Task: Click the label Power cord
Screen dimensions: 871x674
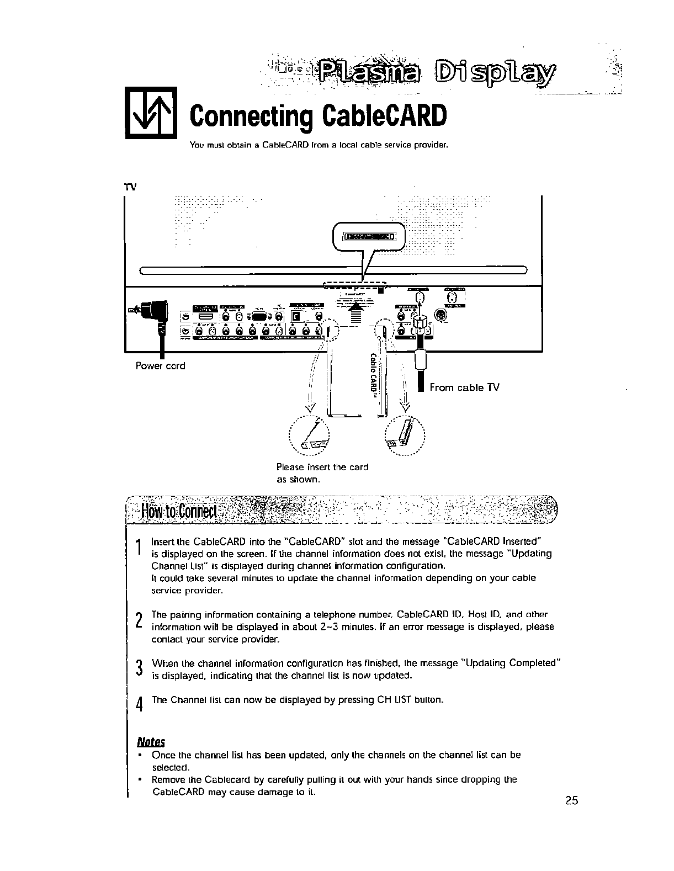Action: (x=161, y=365)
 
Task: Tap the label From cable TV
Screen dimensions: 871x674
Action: (x=464, y=387)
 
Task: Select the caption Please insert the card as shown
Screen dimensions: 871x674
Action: (x=322, y=473)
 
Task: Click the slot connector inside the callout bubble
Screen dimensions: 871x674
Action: (x=369, y=237)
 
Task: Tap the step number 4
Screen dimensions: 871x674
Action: (x=139, y=705)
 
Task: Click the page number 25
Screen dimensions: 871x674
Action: (x=571, y=800)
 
